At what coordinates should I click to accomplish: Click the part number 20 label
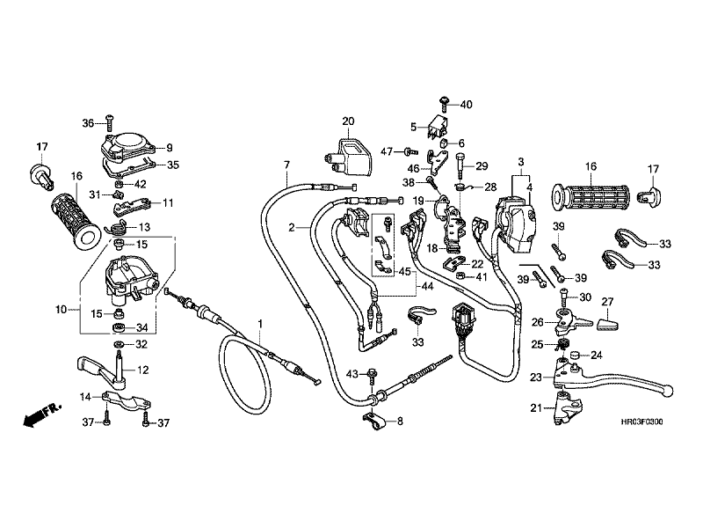click(x=348, y=121)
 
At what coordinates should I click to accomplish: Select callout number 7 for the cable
click(x=286, y=166)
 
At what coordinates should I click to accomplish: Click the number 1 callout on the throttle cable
click(x=261, y=325)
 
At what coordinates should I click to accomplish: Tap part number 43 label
click(x=351, y=375)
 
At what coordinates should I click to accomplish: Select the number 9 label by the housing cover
click(x=170, y=147)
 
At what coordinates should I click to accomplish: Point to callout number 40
click(x=466, y=105)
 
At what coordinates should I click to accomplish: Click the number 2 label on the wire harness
click(x=290, y=228)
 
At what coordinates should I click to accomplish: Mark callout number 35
click(x=173, y=165)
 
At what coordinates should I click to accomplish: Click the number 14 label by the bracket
click(x=87, y=397)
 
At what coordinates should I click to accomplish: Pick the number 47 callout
click(x=387, y=151)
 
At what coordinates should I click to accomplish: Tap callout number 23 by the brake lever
click(x=535, y=377)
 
